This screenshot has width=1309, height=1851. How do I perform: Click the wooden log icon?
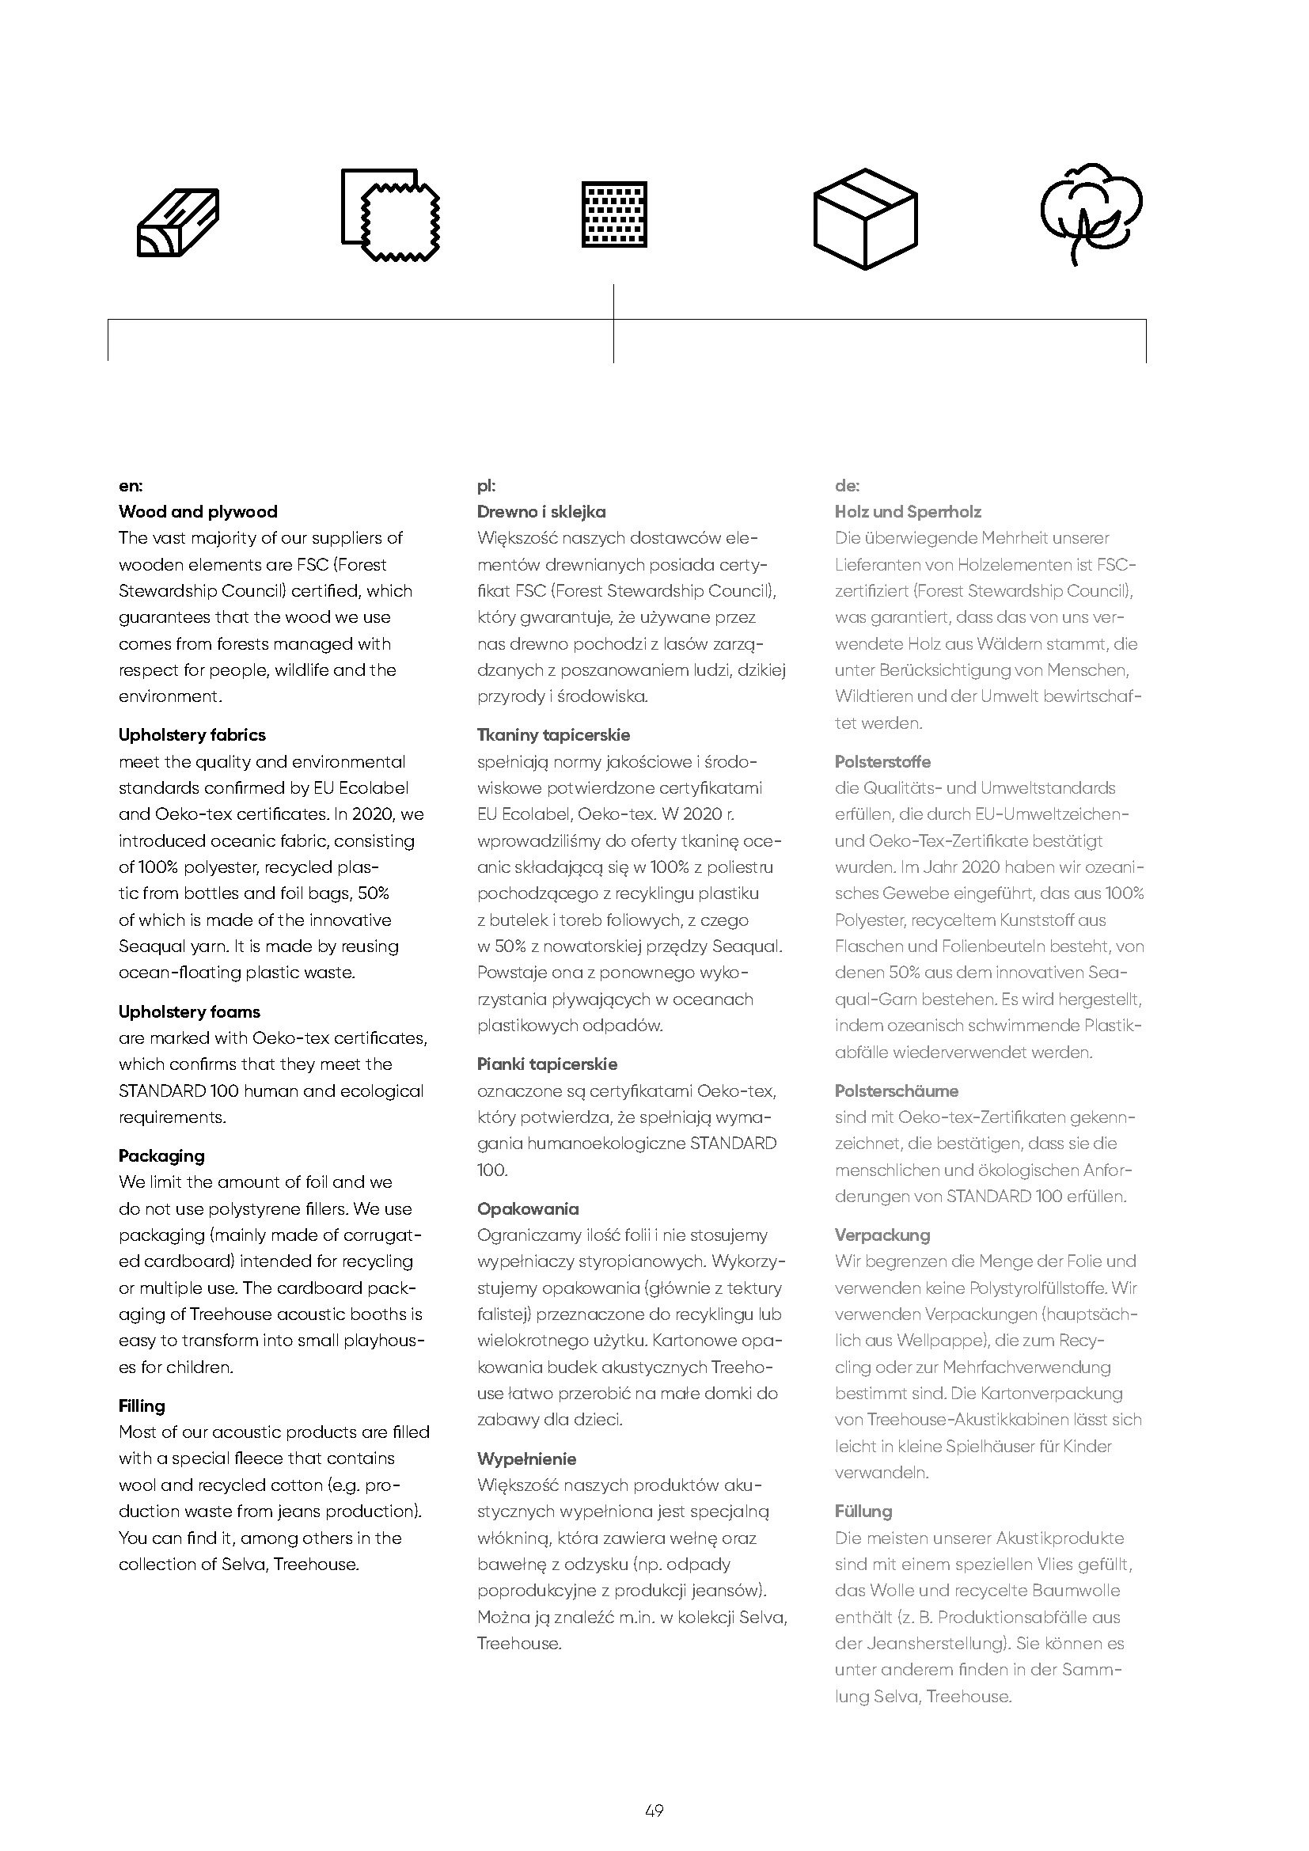178,223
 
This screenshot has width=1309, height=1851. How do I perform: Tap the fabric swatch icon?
391,215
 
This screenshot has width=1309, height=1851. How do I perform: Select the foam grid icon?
614,214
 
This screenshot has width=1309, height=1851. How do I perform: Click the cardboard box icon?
865,218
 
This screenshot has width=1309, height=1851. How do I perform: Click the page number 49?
654,1811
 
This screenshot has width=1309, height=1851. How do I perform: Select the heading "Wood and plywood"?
199,511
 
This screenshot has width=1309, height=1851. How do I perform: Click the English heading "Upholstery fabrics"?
192,734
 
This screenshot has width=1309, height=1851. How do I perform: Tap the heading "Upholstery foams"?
189,1012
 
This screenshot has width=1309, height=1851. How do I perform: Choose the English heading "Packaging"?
161,1155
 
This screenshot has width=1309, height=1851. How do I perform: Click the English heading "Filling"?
142,1405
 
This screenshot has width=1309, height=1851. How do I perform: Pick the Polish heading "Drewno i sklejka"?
541,511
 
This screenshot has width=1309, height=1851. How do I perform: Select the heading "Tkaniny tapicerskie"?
554,734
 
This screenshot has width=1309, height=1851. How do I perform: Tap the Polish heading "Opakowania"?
528,1208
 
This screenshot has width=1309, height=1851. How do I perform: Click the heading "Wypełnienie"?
527,1458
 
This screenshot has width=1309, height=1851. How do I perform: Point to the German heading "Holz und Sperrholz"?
909,511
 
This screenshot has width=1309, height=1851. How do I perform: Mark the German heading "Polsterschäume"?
897,1090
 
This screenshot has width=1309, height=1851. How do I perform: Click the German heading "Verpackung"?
882,1235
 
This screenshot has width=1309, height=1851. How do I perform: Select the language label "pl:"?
486,485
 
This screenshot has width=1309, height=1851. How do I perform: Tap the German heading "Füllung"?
864,1511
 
